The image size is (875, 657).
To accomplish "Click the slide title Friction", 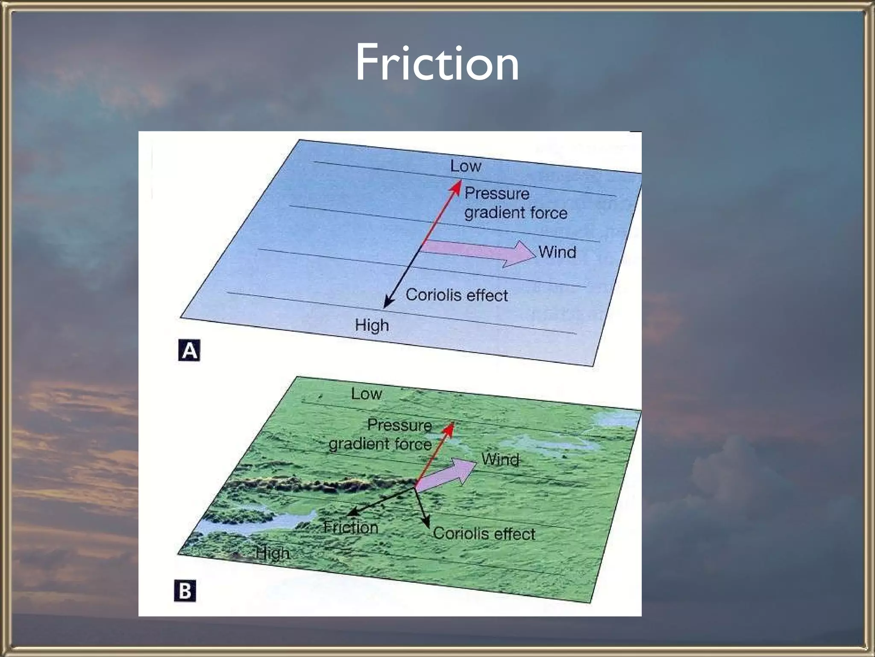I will click(437, 63).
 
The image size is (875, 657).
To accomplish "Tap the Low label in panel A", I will click(465, 166).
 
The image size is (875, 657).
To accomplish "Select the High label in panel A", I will click(372, 326).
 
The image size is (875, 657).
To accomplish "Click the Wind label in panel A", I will click(557, 252).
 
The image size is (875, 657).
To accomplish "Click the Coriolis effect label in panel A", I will click(457, 295).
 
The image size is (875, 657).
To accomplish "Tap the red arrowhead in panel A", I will click(457, 186).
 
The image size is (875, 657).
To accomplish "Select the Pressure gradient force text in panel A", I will click(516, 203).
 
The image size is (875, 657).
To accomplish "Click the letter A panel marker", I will click(189, 351).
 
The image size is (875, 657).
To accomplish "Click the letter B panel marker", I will click(185, 591).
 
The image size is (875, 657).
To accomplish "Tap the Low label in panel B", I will click(366, 394).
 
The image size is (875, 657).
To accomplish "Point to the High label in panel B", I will click(273, 553).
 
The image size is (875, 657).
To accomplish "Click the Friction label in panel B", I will click(351, 527).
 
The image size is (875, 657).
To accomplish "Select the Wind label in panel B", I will click(500, 459).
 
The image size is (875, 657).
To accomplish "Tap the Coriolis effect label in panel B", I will click(484, 534).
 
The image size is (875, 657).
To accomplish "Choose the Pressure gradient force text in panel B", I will click(380, 435).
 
